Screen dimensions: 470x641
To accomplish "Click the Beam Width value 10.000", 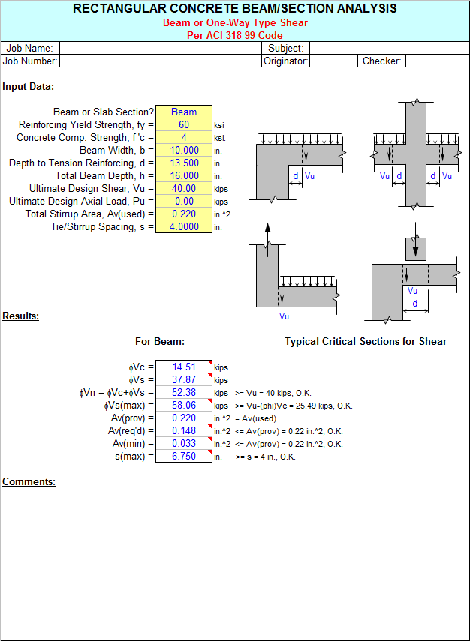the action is click(184, 150).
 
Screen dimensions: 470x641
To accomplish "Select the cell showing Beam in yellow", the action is click(184, 112).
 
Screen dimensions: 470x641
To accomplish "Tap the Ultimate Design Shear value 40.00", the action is click(184, 188).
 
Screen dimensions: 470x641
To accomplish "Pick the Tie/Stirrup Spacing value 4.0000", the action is click(184, 226).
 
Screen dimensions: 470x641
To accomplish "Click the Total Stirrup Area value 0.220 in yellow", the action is click(184, 214).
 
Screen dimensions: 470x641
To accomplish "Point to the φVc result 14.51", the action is click(184, 367).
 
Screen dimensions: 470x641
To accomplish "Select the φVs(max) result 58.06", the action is click(184, 405).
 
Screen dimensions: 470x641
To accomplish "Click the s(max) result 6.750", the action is click(184, 457).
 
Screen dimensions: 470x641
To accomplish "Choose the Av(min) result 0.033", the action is click(184, 443).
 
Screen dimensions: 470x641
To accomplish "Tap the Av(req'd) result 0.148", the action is click(184, 430).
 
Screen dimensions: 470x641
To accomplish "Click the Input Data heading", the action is click(29, 87).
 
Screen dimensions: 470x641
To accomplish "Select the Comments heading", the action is click(29, 481).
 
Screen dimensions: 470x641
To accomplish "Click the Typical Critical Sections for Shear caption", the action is click(366, 341).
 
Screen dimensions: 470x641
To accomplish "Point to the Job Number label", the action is click(30, 61).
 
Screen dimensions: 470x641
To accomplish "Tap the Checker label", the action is click(382, 61).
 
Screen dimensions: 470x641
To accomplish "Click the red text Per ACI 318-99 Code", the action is click(235, 35).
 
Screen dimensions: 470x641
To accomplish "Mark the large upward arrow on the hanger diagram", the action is click(267, 240).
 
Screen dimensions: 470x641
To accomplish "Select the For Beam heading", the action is click(160, 341).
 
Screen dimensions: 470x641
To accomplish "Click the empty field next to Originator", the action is click(333, 61).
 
